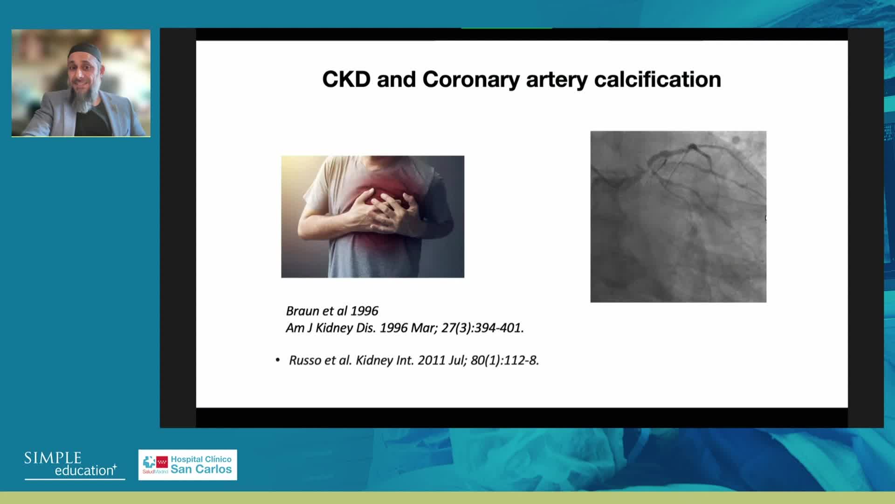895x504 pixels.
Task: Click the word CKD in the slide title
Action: point(346,79)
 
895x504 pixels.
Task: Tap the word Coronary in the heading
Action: point(471,80)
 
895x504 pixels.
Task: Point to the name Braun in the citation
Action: point(302,311)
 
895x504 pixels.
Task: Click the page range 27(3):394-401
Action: point(482,328)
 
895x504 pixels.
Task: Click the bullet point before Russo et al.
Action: point(278,360)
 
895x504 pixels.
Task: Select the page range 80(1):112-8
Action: point(505,360)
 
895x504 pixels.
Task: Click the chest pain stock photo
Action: point(372,217)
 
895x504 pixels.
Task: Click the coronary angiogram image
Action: point(678,217)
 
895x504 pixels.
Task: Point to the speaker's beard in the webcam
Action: point(83,98)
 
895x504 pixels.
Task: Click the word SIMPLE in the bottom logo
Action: point(53,458)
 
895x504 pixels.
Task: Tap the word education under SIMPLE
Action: point(84,470)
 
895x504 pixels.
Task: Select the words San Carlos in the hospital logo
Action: point(201,469)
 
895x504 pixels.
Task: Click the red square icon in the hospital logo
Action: point(162,462)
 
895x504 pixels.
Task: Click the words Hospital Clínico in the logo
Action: point(201,459)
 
